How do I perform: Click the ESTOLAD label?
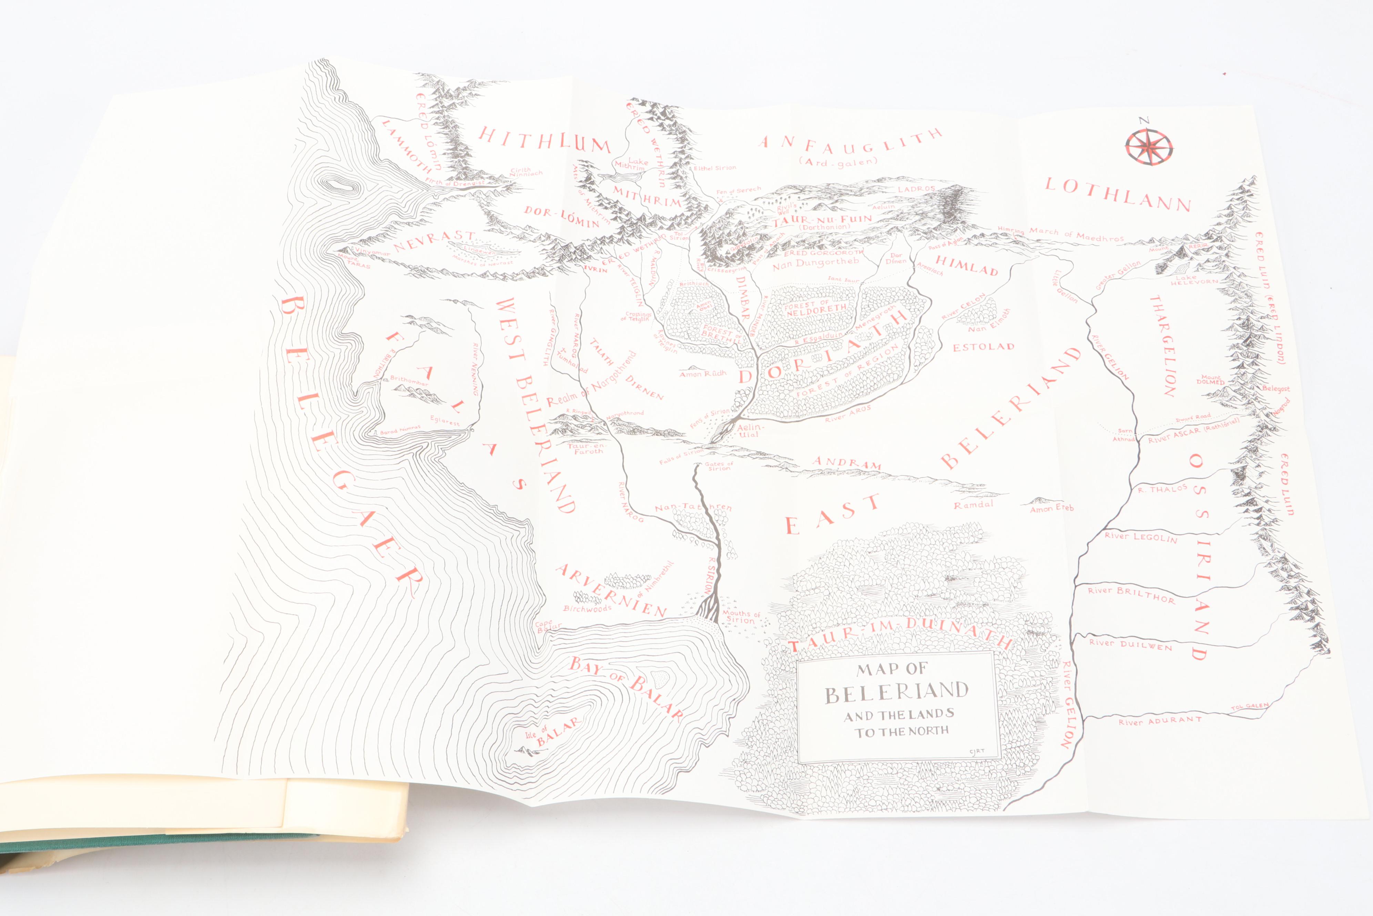point(984,347)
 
